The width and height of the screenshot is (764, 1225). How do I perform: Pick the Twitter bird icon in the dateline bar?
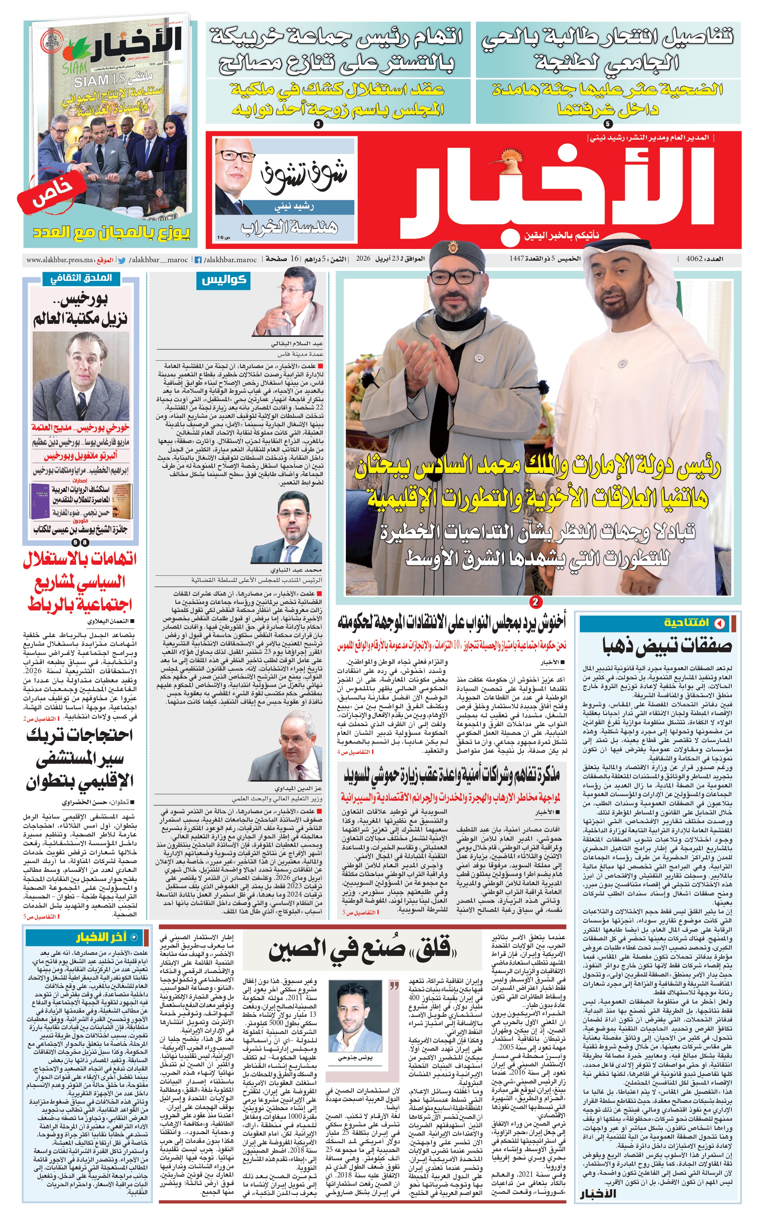[x=121, y=260]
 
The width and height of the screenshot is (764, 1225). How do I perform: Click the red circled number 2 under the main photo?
[x=535, y=601]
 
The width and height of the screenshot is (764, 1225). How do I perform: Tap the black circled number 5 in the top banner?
[x=608, y=123]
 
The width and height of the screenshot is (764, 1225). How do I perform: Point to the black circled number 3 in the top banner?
[x=318, y=124]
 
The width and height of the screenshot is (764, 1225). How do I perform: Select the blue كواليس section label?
[x=223, y=280]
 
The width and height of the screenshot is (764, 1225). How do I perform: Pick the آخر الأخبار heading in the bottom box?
[x=102, y=937]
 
